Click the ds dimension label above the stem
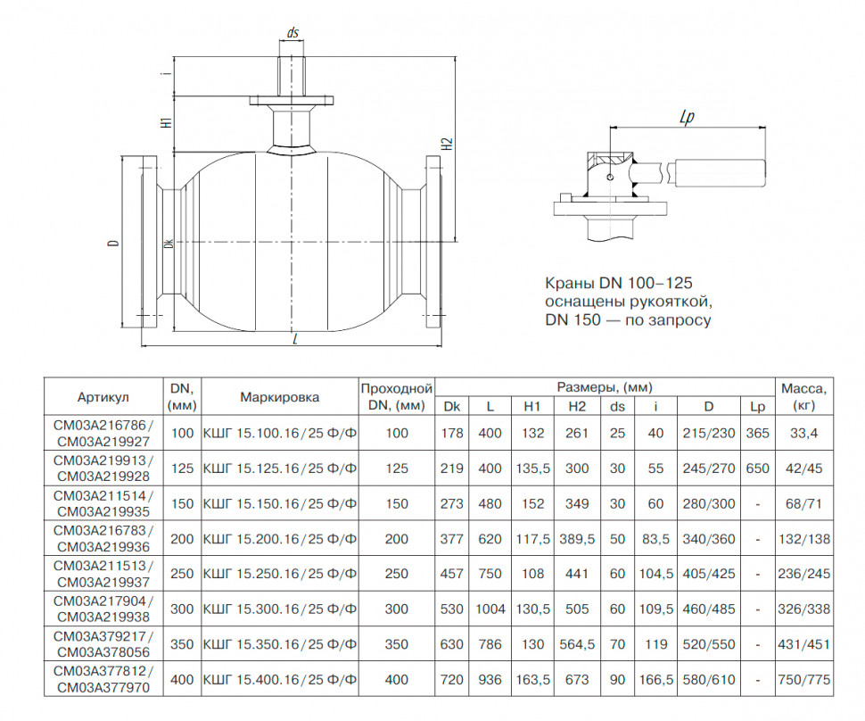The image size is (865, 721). [292, 33]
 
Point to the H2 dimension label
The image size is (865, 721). [448, 144]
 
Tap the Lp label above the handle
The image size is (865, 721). [687, 117]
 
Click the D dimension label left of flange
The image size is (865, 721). [113, 243]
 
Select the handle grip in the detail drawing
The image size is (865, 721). [718, 173]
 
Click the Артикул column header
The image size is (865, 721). [103, 397]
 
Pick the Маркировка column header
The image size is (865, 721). [280, 397]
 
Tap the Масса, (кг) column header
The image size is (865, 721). [803, 397]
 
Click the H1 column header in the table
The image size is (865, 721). [532, 406]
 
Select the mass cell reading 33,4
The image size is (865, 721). [803, 434]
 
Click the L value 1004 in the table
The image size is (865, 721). [490, 609]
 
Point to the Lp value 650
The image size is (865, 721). [757, 468]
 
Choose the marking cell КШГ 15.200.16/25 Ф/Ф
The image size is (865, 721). [280, 539]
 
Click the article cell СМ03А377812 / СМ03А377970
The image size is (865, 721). [103, 680]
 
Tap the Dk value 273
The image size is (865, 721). [452, 504]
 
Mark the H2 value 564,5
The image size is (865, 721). [577, 644]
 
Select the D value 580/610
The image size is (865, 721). [709, 680]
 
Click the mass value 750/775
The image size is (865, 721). [803, 680]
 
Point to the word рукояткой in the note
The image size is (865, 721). [668, 302]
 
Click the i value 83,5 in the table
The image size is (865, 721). [656, 539]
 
